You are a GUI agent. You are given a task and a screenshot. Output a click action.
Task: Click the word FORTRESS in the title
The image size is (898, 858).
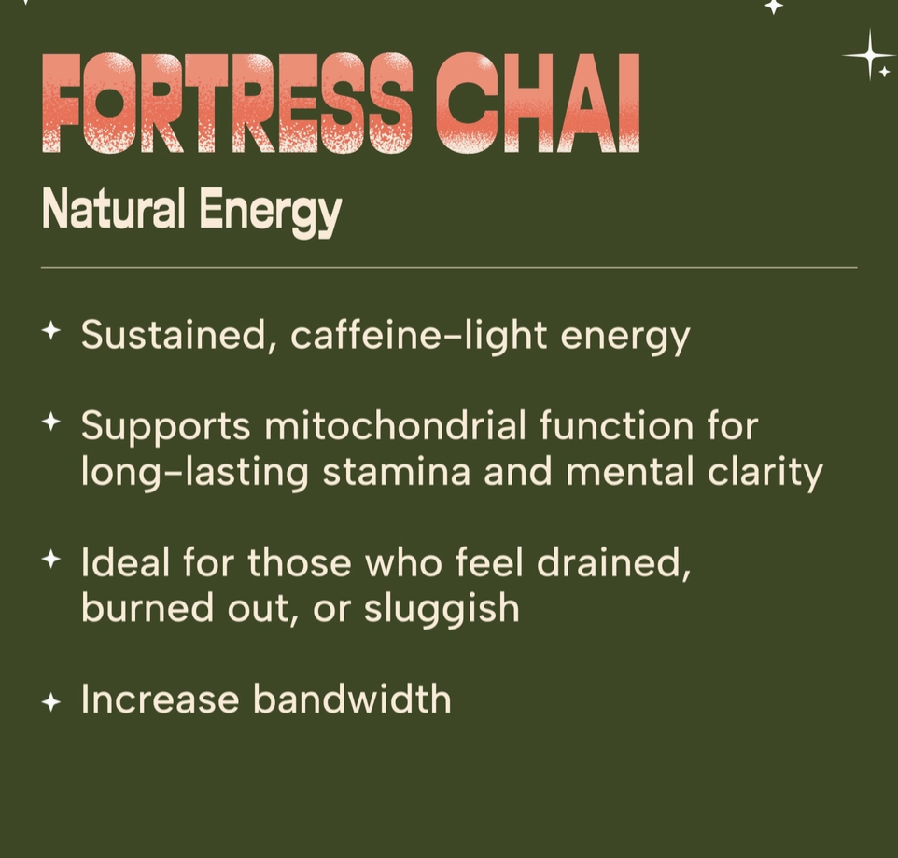[x=228, y=103]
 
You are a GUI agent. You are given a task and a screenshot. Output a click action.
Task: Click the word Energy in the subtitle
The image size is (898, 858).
[x=270, y=213]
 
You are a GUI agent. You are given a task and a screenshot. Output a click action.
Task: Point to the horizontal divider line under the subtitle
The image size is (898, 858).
[x=448, y=268]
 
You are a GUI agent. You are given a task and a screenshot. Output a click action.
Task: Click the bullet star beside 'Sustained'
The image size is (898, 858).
[x=51, y=330]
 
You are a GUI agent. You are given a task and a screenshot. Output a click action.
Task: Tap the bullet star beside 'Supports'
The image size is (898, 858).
[x=51, y=422]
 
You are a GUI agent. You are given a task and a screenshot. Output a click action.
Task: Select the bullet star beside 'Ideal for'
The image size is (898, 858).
[x=51, y=560]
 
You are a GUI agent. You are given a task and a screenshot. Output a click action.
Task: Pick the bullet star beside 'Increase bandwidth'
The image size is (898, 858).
[x=51, y=701]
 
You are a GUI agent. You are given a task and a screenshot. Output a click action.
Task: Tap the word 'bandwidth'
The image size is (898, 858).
[x=352, y=699]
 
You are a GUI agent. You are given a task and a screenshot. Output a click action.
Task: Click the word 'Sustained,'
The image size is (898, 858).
[x=178, y=334]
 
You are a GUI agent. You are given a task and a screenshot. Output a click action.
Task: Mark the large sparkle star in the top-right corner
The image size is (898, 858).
[x=869, y=55]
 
